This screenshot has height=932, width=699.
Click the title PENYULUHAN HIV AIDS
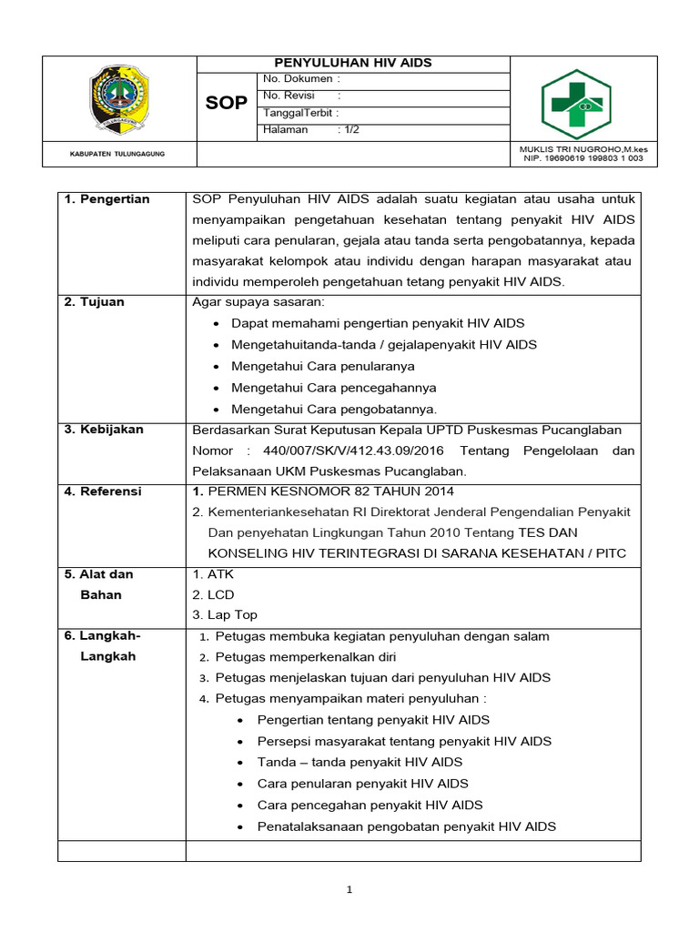(x=353, y=64)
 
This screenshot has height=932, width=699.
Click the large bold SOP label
(x=226, y=103)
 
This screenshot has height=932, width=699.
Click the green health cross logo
(x=576, y=104)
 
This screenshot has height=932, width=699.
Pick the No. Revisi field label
(x=289, y=96)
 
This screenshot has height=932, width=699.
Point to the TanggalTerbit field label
(x=299, y=114)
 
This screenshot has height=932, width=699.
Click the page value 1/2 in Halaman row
(x=349, y=130)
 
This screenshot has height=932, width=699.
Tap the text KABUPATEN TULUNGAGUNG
(x=117, y=155)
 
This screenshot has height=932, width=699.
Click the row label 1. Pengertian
(x=107, y=199)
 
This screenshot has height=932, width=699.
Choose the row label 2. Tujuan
(x=96, y=302)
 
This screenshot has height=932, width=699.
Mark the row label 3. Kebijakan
(x=104, y=430)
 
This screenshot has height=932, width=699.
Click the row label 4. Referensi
(x=103, y=491)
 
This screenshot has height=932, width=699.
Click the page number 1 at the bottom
(x=349, y=890)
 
